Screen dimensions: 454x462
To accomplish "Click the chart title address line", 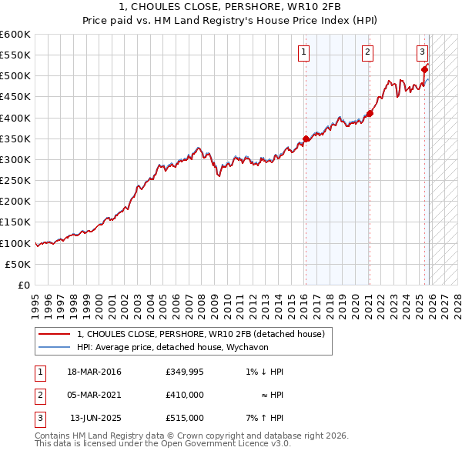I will coord(231,6).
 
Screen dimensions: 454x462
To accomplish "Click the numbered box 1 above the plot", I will coord(304,52).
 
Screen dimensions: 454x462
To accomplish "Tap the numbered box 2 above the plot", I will coord(368,52).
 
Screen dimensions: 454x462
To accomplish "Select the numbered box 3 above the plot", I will coord(423,52).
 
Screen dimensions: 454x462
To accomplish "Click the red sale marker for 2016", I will coord(306,139).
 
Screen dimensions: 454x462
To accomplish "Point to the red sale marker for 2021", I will coord(370,114).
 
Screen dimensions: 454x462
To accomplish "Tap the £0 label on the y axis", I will coord(23,285).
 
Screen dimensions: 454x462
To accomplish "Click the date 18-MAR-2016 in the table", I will coord(94,372).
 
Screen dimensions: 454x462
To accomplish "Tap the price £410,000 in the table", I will coord(185,395).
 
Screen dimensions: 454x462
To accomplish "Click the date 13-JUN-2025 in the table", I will coord(95,418).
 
